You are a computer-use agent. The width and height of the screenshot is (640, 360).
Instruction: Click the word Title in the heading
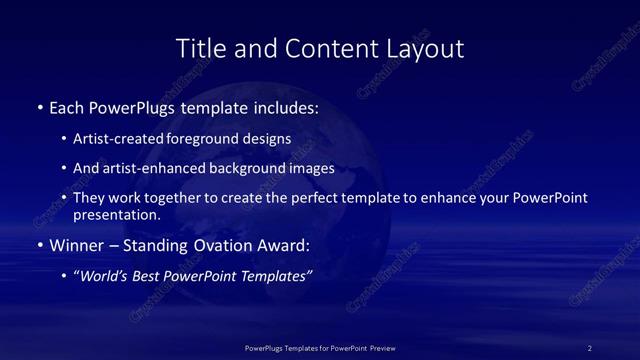tap(199, 48)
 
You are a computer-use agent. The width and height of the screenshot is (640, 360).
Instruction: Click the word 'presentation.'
tap(117, 214)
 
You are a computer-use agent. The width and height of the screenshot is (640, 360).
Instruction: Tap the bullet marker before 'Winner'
tap(39, 245)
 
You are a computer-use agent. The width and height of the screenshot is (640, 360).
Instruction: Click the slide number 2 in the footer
tap(590, 348)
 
